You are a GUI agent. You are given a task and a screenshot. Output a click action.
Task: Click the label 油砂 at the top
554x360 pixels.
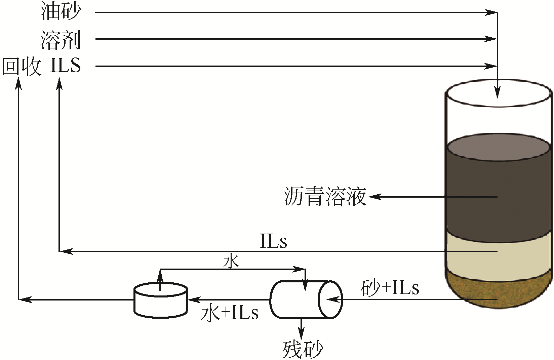(x=61, y=12)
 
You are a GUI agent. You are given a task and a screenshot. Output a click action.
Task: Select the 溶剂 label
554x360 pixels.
(x=61, y=40)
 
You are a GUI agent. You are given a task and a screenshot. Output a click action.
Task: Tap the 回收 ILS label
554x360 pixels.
(x=41, y=66)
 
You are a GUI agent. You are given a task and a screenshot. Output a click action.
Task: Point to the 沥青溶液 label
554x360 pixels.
(x=325, y=197)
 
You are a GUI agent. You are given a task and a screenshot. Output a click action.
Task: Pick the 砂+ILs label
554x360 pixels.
(x=390, y=288)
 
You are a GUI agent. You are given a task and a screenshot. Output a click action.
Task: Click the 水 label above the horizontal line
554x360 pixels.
(x=231, y=262)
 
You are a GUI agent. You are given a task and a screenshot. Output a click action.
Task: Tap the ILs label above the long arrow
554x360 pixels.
(x=273, y=241)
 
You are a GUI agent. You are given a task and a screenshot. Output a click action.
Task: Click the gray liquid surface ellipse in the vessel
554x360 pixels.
(x=498, y=147)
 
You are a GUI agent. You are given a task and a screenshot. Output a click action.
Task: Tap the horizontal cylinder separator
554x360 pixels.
(x=306, y=299)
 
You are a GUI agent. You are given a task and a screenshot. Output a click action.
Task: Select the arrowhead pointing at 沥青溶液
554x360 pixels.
(x=375, y=197)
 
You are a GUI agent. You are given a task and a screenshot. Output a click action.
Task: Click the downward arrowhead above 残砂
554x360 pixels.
(x=301, y=334)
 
